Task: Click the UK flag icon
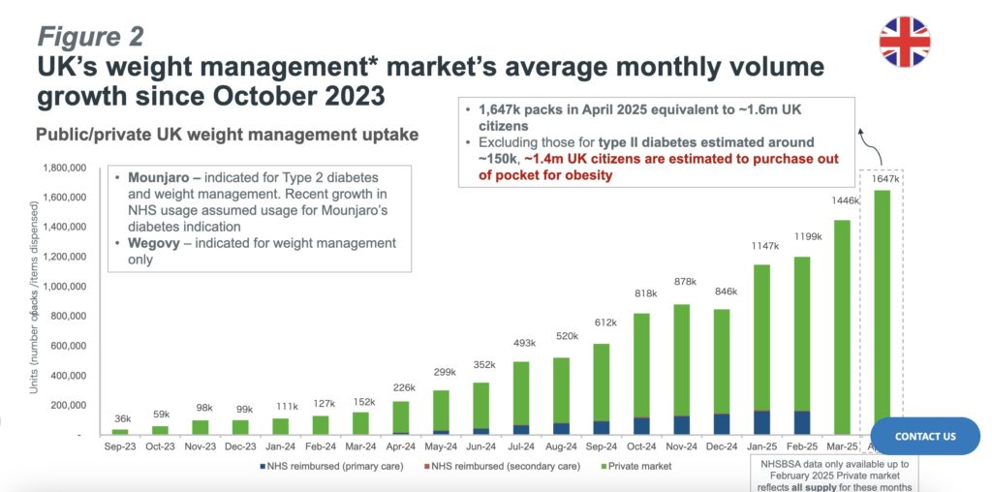click(x=904, y=42)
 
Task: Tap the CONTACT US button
click(x=925, y=436)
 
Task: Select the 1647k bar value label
click(x=883, y=179)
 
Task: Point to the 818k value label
click(x=642, y=293)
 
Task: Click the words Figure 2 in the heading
click(x=90, y=36)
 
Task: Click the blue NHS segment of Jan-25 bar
click(x=761, y=422)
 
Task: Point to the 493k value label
click(x=522, y=342)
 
